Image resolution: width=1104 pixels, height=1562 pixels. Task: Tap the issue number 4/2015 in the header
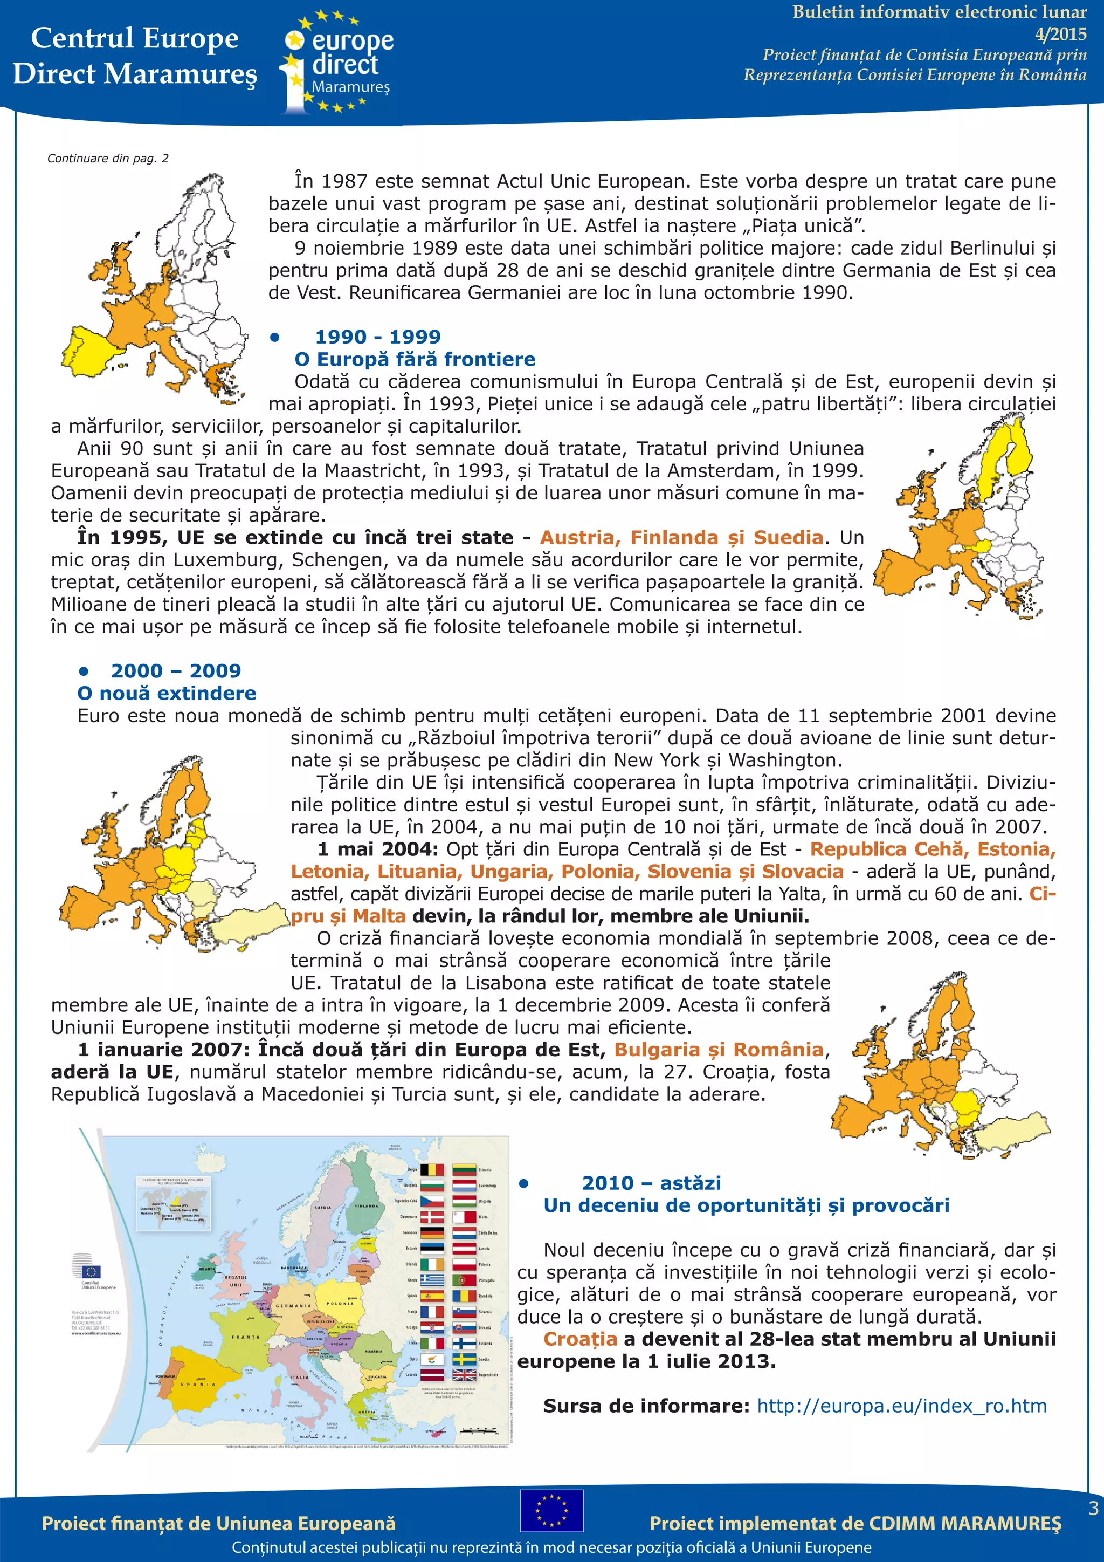coord(1060,33)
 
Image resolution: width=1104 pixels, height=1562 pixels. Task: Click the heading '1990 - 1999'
coord(377,337)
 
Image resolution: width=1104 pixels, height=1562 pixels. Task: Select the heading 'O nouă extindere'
coord(167,693)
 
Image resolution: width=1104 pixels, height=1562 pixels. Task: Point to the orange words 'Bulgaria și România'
coord(719,1050)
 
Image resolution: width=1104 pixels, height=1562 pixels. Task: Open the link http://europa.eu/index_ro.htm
coord(901,1406)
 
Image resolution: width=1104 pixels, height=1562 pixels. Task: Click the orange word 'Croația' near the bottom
coord(580,1339)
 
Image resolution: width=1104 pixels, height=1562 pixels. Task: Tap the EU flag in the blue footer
coord(551,1510)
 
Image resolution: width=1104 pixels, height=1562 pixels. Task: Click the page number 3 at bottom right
coord(1093,1508)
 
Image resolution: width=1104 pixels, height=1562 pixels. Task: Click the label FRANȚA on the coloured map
coord(245,1337)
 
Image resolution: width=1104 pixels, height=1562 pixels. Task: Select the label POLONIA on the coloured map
coord(340,1304)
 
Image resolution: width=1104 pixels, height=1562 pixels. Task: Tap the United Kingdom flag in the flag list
coord(464,1375)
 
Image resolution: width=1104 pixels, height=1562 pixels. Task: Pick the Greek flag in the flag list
coord(432,1280)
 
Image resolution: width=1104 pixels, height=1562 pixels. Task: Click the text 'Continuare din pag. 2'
coord(107,159)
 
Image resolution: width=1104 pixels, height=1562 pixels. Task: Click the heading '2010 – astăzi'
coord(651,1183)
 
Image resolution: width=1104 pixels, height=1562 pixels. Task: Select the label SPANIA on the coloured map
coord(198,1385)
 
